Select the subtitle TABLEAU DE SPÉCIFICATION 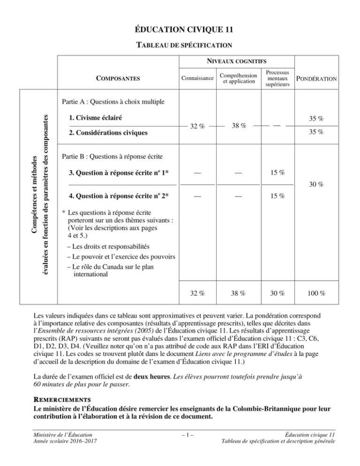[180, 45]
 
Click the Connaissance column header [197, 78]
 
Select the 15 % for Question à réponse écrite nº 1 [274, 173]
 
